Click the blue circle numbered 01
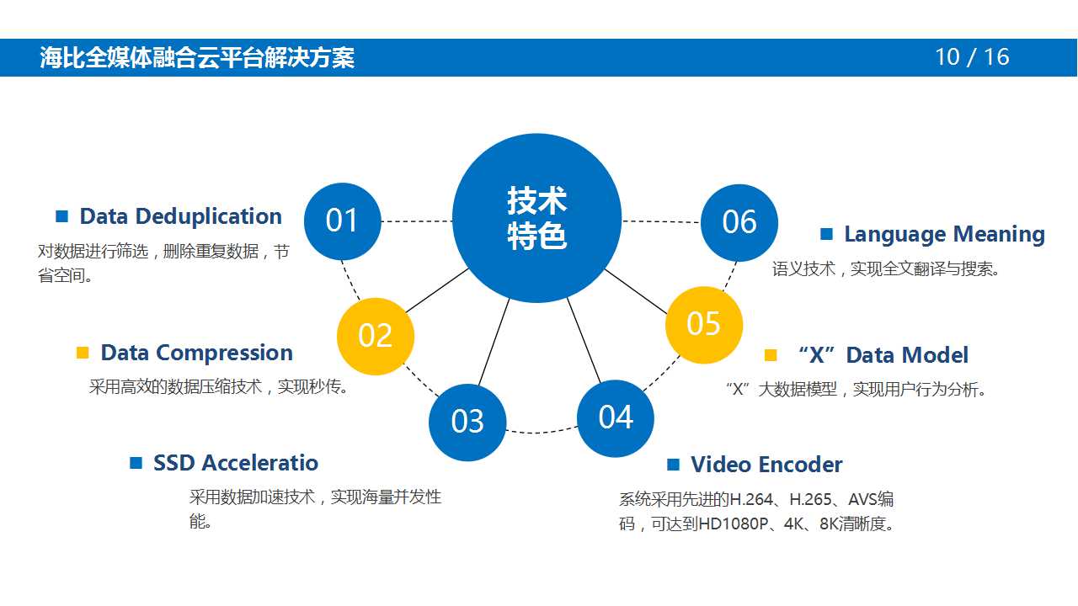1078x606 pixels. click(342, 221)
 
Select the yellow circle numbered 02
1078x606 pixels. click(376, 336)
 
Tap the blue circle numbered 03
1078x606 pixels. click(467, 422)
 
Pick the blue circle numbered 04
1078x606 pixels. click(616, 417)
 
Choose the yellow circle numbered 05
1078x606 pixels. click(704, 324)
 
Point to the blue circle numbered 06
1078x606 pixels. click(739, 222)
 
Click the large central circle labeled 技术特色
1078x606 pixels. click(536, 218)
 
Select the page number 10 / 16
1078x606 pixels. click(972, 57)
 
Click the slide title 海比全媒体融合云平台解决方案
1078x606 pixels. click(197, 57)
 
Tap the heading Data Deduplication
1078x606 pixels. click(180, 216)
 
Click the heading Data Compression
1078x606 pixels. click(196, 353)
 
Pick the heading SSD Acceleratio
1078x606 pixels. click(236, 463)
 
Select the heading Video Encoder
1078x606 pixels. click(766, 465)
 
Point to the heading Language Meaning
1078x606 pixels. click(944, 234)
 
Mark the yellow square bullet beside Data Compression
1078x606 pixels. click(83, 353)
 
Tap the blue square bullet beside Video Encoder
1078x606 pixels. click(673, 465)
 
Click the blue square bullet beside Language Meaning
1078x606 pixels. click(826, 234)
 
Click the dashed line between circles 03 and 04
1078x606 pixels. click(542, 432)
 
